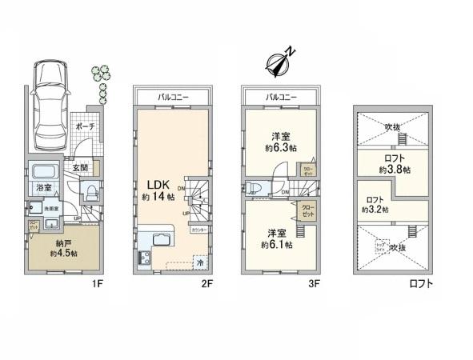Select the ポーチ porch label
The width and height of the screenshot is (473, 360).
pos(84,127)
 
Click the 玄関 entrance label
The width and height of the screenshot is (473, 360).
pos(82,167)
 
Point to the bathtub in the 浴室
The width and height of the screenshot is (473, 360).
pos(42,172)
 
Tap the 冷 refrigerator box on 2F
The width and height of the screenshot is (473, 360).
pos(200,261)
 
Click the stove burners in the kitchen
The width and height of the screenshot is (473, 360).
pos(146,258)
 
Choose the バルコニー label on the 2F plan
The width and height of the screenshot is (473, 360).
pos(173,97)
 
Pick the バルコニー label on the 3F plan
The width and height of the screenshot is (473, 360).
pos(280,97)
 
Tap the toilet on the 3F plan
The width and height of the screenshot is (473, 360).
pos(255,189)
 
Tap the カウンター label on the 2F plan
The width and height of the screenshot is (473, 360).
pos(199,229)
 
